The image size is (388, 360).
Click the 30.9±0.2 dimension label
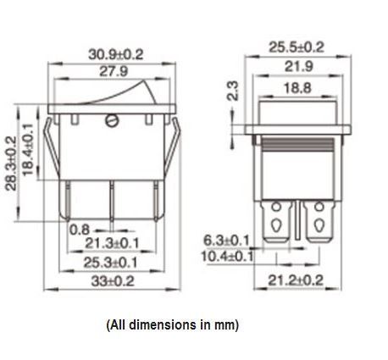click(x=115, y=53)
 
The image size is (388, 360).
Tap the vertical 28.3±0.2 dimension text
click(x=11, y=163)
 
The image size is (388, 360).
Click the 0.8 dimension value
click(x=80, y=229)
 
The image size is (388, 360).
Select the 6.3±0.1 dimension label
click(x=227, y=240)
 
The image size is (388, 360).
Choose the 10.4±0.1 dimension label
click(x=227, y=255)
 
